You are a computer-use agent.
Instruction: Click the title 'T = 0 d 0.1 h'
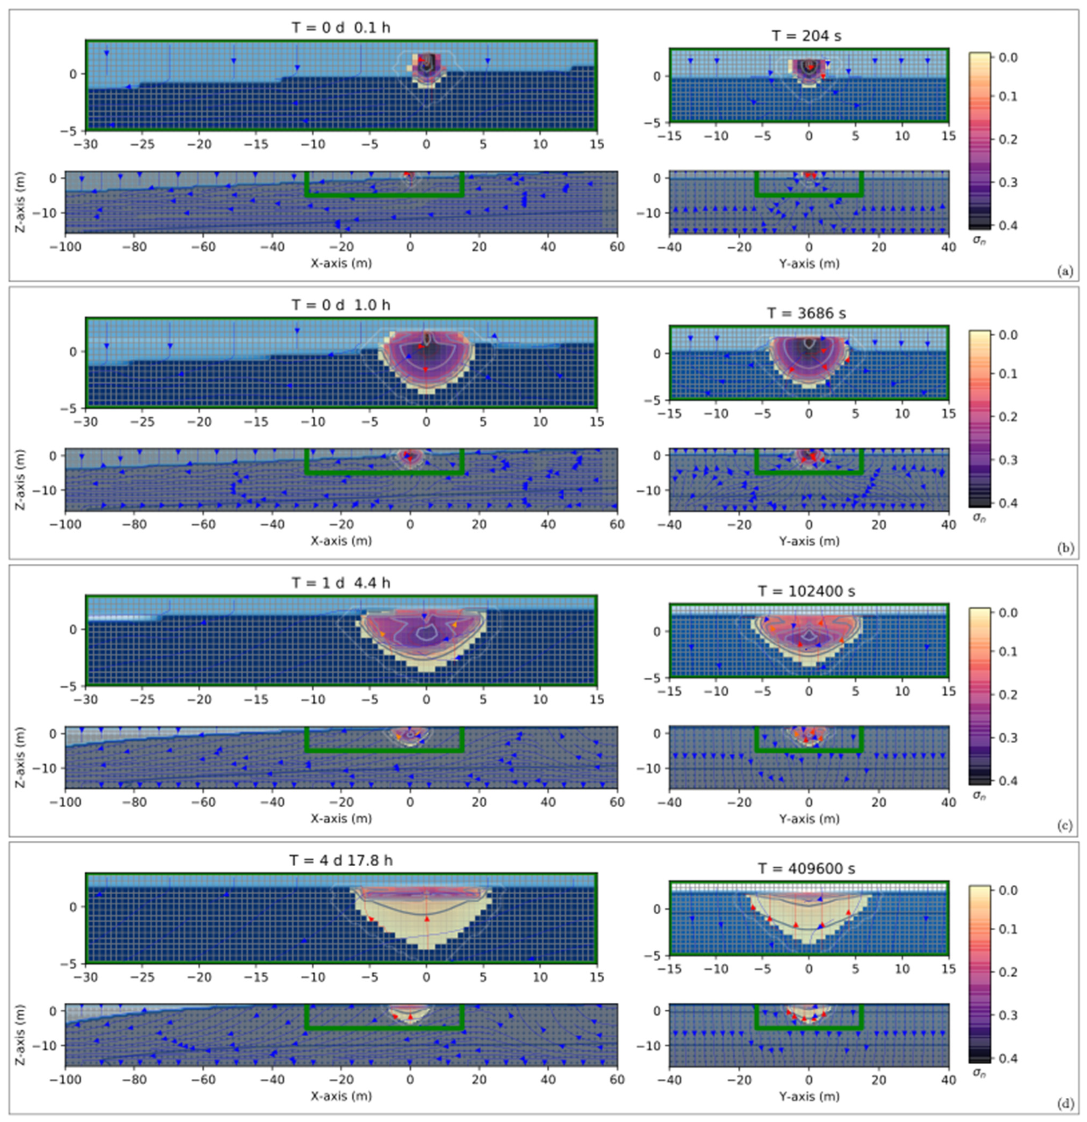[341, 27]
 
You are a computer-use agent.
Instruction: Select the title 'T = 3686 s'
[807, 313]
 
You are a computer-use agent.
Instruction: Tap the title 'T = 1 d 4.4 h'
[341, 583]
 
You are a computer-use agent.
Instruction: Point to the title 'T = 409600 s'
[807, 868]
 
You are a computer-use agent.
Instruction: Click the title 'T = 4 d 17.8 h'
[341, 860]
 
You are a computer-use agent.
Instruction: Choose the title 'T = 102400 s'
[807, 591]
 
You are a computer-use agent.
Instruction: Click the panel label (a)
[1065, 271]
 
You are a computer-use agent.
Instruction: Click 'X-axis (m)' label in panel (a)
[341, 263]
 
